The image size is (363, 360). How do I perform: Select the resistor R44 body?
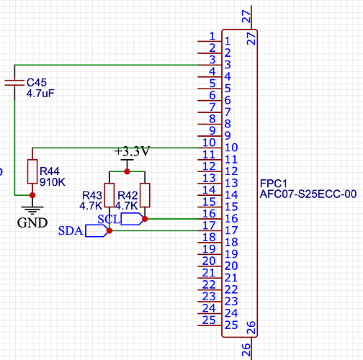coord(32,171)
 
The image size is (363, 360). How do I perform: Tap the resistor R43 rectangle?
coord(109,195)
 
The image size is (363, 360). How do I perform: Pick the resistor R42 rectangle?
coord(145,195)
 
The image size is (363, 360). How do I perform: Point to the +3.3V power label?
coord(133,152)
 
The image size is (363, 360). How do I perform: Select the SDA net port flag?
coord(96,230)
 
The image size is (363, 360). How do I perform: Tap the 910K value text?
coord(53,182)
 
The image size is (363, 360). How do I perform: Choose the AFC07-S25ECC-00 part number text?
coord(308,194)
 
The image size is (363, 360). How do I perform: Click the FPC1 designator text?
coord(273,183)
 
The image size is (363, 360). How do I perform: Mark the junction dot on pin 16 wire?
coord(145,218)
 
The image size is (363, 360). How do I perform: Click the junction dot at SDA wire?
coord(109,230)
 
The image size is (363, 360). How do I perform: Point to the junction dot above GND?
coord(32,195)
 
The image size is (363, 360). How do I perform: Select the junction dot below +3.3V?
coord(127,171)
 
